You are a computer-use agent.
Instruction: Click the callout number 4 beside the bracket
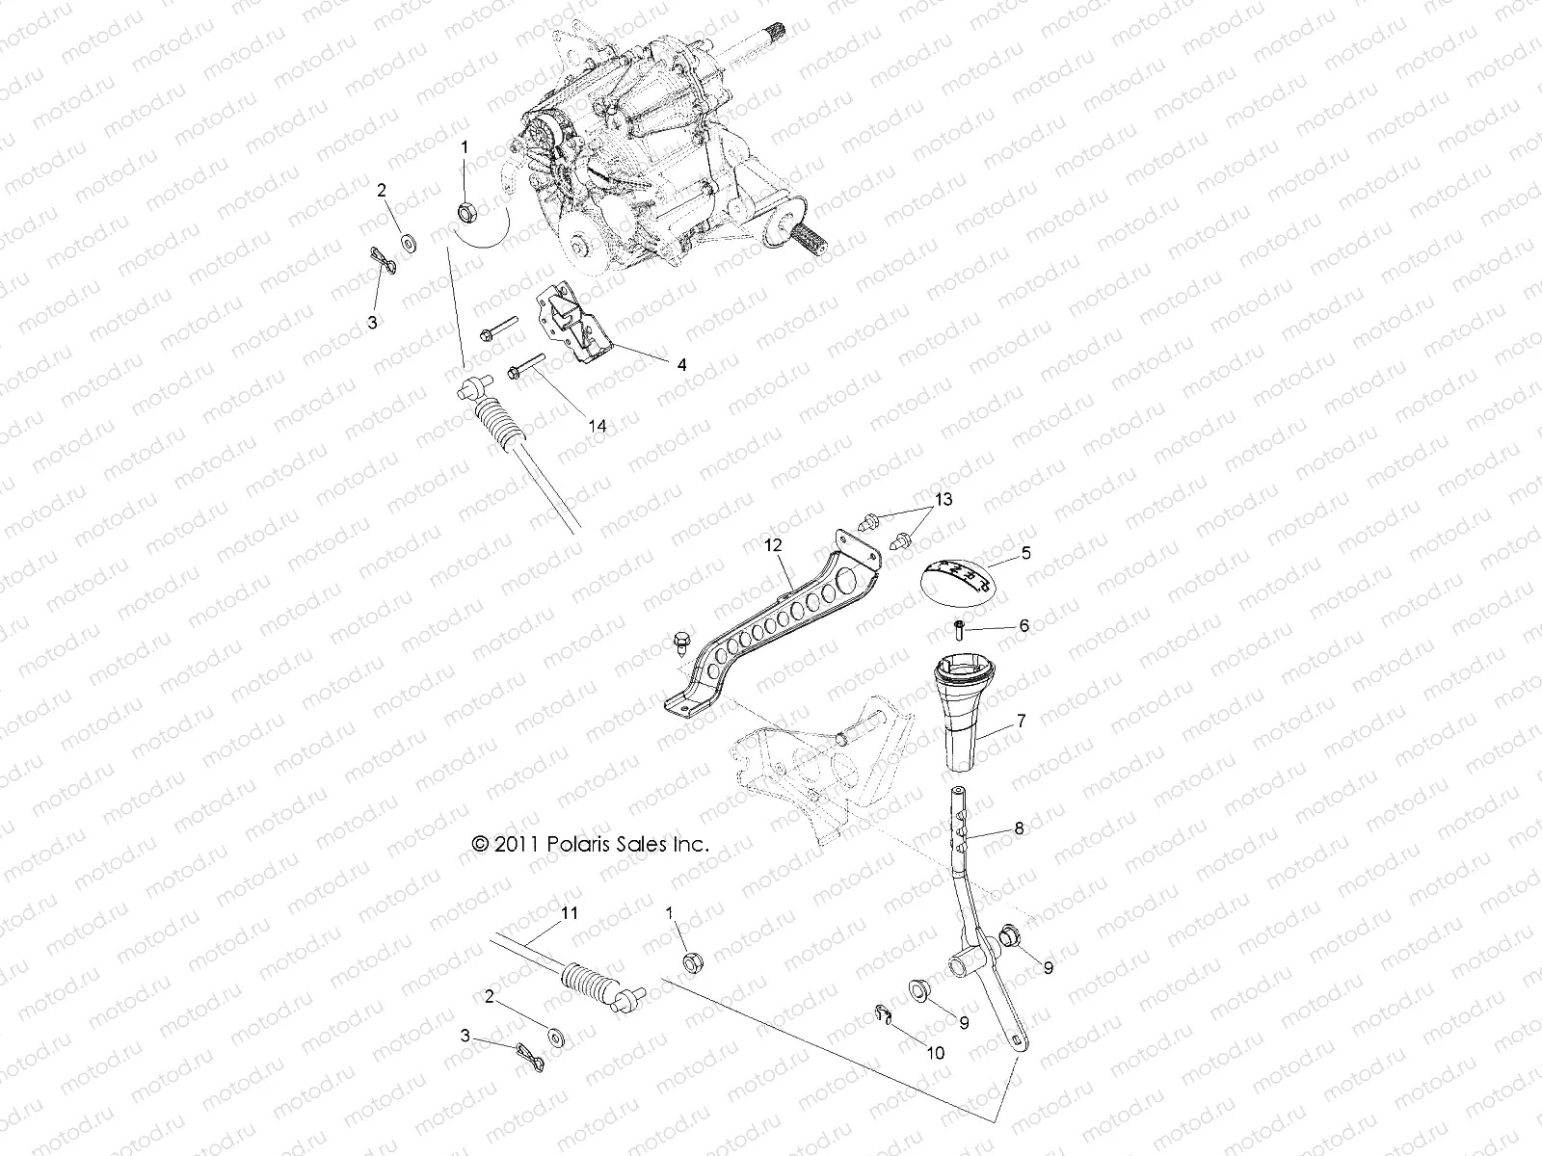click(681, 365)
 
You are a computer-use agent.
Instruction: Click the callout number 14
click(598, 424)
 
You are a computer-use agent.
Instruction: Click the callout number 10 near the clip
click(934, 1053)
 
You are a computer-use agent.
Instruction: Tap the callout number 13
click(942, 499)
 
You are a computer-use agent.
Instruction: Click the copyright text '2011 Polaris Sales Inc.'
click(590, 844)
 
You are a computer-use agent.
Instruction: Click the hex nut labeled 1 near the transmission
click(465, 210)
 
